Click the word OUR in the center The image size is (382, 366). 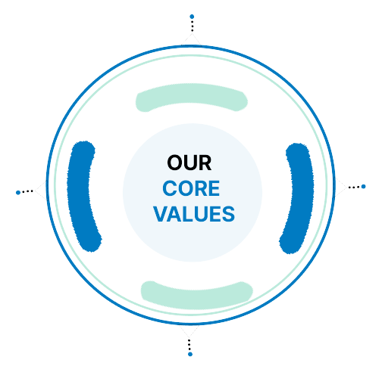coord(189,163)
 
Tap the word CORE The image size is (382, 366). coord(191,188)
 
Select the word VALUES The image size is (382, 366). coord(194,214)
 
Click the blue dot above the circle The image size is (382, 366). coord(192,17)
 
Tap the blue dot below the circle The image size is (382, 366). coord(190,354)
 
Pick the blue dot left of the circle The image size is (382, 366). coord(18,193)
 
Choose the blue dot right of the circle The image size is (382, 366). coord(364,187)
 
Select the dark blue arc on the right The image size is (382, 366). coord(302,197)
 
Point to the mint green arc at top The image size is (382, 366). coord(192,93)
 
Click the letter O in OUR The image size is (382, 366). coord(175,163)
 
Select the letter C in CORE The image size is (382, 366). coord(170,188)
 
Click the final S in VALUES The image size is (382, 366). coord(228,214)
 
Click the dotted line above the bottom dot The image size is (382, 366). coord(189,345)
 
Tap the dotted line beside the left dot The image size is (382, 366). coord(28,191)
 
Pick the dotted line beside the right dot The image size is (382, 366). coord(354,188)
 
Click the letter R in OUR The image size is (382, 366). coord(205,163)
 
